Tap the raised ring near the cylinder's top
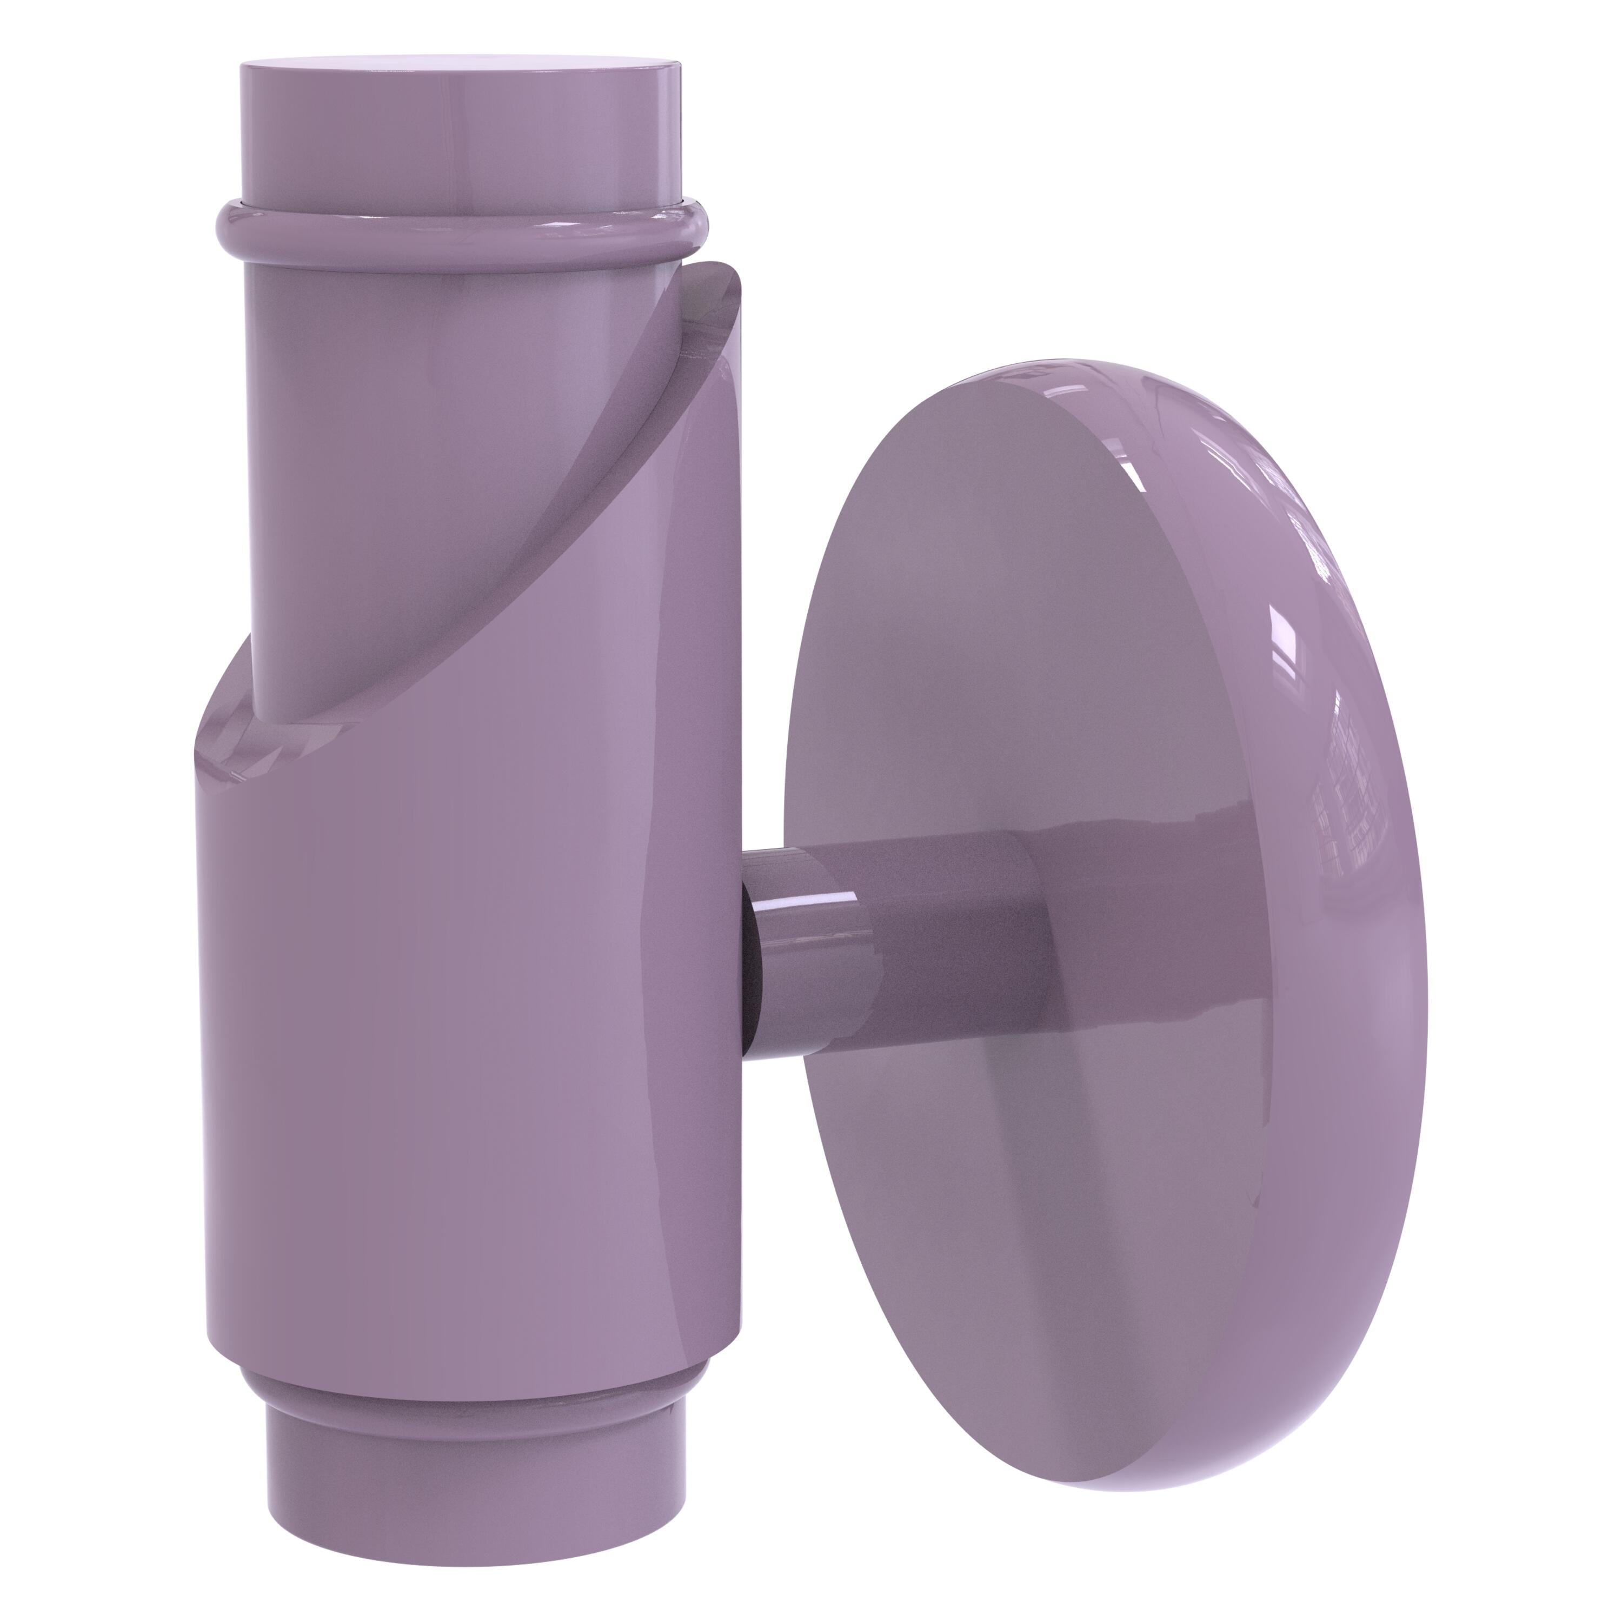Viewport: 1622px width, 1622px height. pos(462,237)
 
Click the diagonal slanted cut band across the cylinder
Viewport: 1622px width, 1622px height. pos(537,537)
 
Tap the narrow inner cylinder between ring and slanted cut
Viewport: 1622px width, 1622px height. pos(420,420)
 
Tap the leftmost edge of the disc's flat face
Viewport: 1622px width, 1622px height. pos(787,840)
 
